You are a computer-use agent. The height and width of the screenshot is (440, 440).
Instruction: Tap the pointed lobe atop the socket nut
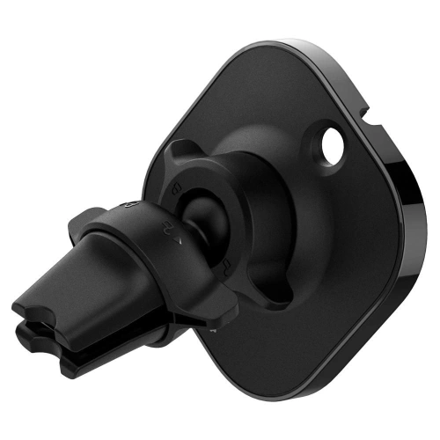click(180, 150)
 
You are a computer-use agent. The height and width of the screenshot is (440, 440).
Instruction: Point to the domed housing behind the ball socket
click(264, 202)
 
